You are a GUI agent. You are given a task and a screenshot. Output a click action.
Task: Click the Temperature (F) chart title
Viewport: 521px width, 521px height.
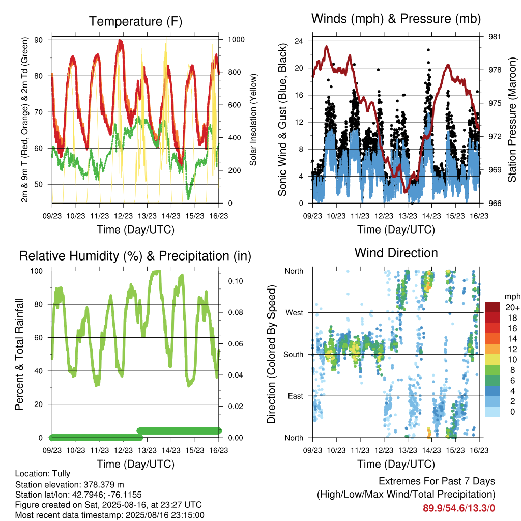point(135,21)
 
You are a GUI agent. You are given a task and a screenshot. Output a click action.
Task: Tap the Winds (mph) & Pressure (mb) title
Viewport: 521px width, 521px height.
point(396,19)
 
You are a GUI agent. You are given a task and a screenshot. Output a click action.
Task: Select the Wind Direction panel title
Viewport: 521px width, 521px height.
point(396,253)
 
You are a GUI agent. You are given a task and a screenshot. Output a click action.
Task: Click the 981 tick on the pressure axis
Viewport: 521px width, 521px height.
point(495,37)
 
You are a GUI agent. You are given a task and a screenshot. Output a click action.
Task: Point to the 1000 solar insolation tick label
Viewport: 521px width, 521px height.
point(236,40)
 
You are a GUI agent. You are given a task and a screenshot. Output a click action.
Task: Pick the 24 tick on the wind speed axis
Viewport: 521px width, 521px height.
point(299,41)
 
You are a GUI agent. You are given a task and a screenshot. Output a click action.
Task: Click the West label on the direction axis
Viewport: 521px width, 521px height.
point(295,313)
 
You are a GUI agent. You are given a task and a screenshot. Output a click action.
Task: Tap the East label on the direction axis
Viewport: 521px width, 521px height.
point(296,396)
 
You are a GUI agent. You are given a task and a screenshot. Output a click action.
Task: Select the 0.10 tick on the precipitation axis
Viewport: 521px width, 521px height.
point(236,281)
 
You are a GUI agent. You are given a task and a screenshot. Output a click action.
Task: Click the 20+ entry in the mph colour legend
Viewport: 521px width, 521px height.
point(512,307)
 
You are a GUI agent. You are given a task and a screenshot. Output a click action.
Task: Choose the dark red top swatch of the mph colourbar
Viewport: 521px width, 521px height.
point(493,307)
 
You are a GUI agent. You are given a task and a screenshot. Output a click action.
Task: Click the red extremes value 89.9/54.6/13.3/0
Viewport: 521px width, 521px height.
point(459,508)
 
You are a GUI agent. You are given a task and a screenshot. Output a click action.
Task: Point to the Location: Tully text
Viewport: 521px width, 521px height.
point(43,474)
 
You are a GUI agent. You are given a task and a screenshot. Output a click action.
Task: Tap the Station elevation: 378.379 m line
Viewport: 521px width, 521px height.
point(69,484)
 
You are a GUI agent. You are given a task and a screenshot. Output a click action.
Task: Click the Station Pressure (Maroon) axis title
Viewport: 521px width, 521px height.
point(512,120)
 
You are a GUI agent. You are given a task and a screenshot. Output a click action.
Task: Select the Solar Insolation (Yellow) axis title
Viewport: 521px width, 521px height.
point(253,120)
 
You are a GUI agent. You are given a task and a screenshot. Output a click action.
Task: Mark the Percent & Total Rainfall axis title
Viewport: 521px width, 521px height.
point(19,354)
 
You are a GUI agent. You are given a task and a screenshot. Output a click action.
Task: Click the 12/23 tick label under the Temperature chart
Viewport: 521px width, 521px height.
point(123,216)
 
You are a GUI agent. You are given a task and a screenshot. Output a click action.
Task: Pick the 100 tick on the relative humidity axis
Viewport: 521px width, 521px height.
point(37,271)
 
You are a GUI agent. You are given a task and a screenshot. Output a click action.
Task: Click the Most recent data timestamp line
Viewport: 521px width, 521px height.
point(110,515)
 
